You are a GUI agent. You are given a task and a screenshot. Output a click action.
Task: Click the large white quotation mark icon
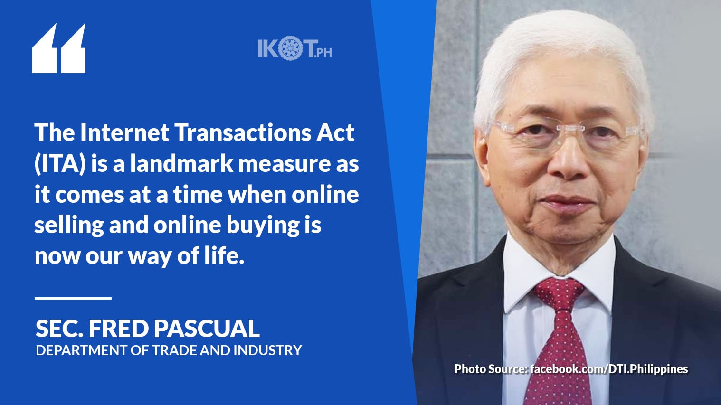(59, 48)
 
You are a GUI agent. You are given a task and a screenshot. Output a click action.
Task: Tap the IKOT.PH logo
(294, 48)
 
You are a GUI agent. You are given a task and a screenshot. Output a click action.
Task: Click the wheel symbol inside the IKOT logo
(290, 48)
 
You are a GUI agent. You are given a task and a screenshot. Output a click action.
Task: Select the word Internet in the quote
(124, 132)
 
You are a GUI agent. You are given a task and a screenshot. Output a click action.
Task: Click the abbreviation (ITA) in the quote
(60, 164)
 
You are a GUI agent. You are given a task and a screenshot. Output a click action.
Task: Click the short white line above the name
(73, 298)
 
